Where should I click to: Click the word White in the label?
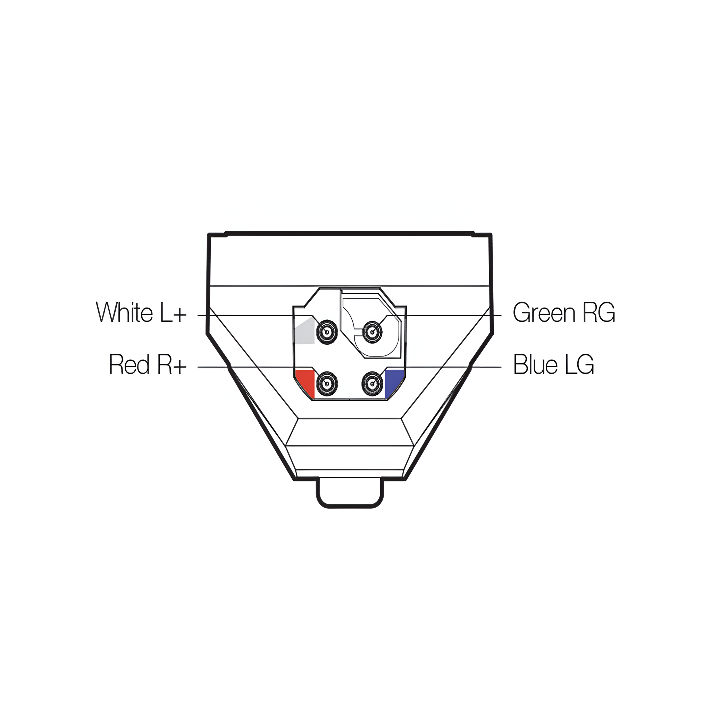point(124,312)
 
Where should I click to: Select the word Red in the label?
point(129,365)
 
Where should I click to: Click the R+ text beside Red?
point(172,365)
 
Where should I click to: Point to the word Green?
point(544,313)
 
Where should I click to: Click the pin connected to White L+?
point(327,332)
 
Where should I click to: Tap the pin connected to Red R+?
point(327,384)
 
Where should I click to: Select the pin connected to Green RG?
point(373,332)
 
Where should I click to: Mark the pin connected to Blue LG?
point(373,384)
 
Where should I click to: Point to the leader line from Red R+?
point(250,367)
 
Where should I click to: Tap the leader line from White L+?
point(250,315)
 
